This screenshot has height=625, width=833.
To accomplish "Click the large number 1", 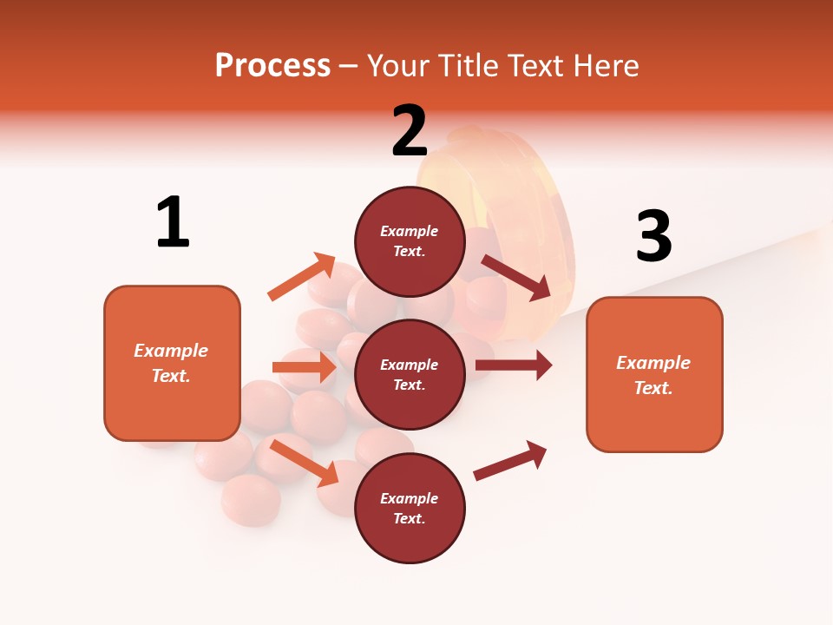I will (x=173, y=223).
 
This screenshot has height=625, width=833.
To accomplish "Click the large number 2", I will (x=410, y=131).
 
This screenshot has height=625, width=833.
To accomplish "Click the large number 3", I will (x=653, y=236).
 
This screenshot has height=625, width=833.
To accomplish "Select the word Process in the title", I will (x=272, y=65).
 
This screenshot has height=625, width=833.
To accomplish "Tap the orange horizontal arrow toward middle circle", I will (x=305, y=367).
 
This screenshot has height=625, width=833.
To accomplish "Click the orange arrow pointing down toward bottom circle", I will (x=305, y=463).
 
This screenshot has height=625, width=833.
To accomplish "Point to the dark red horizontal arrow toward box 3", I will (x=514, y=365).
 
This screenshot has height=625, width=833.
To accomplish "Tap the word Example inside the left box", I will (x=171, y=351).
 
